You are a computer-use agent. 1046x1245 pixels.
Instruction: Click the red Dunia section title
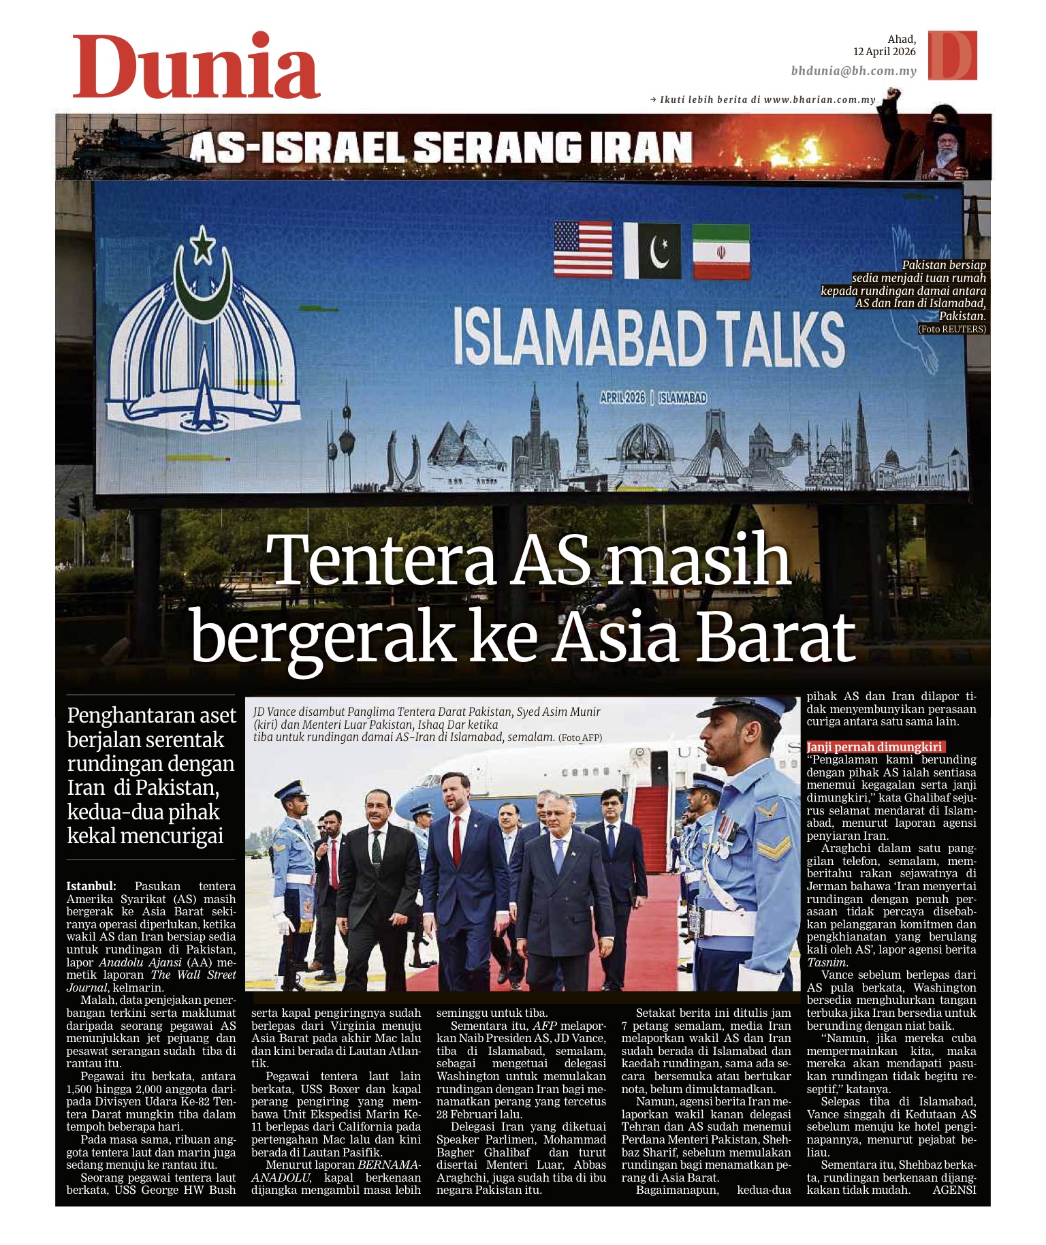click(196, 66)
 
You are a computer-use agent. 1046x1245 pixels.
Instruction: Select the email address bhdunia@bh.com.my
click(853, 71)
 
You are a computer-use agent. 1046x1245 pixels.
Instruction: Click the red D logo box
click(952, 55)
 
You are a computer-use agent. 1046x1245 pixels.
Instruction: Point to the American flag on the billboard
click(582, 249)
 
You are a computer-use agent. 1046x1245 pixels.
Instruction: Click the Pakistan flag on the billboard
click(652, 251)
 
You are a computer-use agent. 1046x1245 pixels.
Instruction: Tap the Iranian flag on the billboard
click(720, 252)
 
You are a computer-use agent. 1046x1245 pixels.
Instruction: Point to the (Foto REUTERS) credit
click(951, 329)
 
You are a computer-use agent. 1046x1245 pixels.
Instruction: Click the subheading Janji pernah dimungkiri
click(874, 747)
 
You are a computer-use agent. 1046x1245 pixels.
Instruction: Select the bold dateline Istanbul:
click(91, 886)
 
